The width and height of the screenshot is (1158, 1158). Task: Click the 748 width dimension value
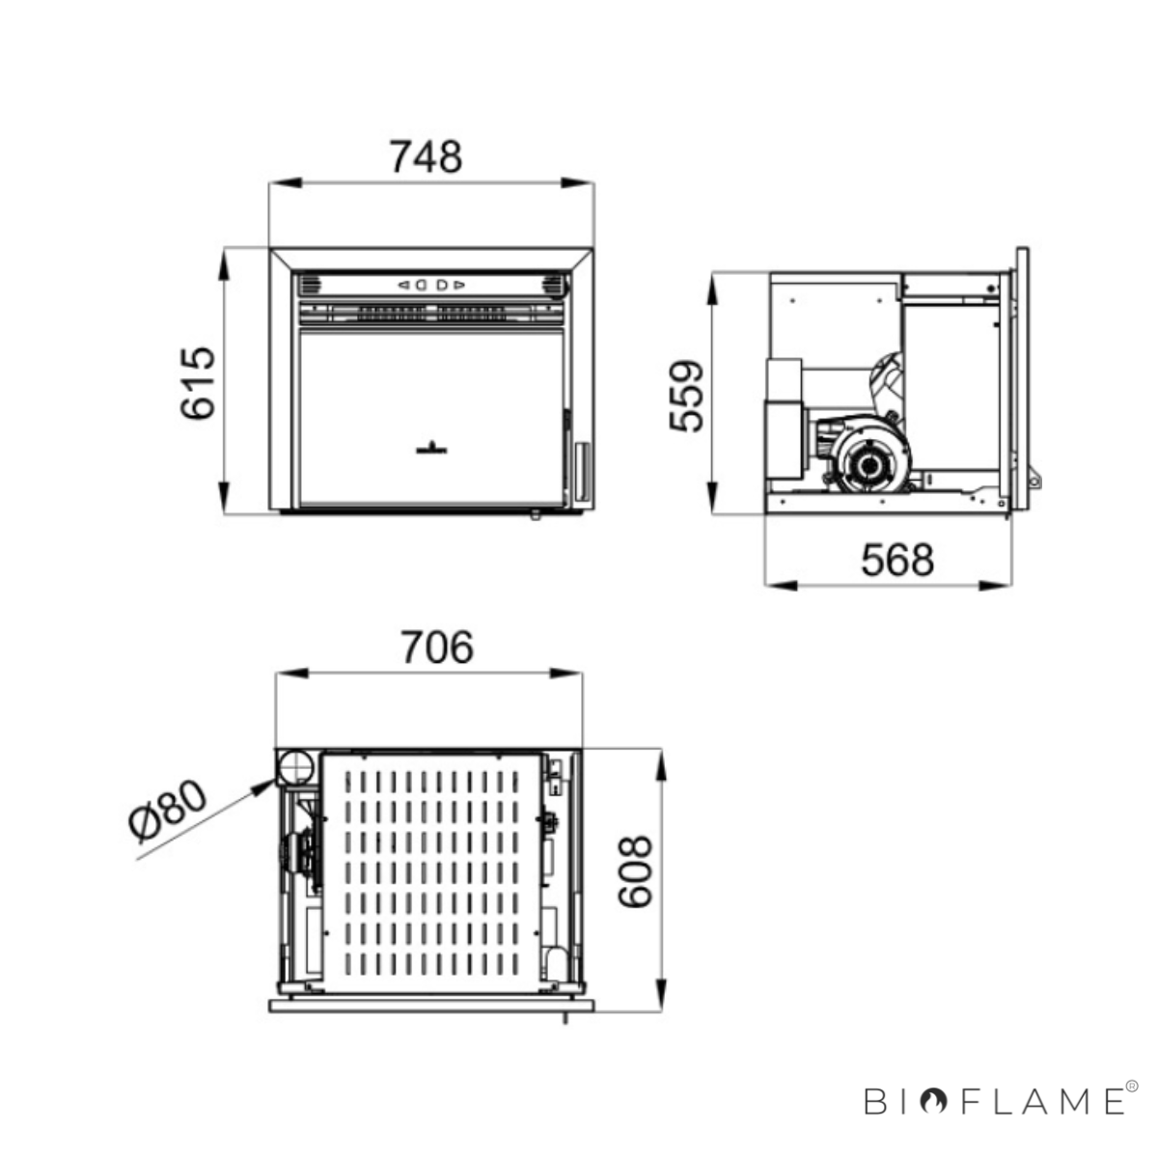[427, 157]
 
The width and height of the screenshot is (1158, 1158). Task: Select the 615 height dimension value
[198, 382]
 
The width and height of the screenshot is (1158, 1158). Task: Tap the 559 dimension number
[686, 396]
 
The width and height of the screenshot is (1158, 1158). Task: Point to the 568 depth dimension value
[897, 560]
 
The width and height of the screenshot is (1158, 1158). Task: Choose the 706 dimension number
[437, 648]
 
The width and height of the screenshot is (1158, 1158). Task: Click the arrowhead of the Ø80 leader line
[265, 785]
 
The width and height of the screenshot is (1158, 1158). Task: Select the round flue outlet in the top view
[294, 767]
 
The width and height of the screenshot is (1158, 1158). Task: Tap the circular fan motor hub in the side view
[868, 464]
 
